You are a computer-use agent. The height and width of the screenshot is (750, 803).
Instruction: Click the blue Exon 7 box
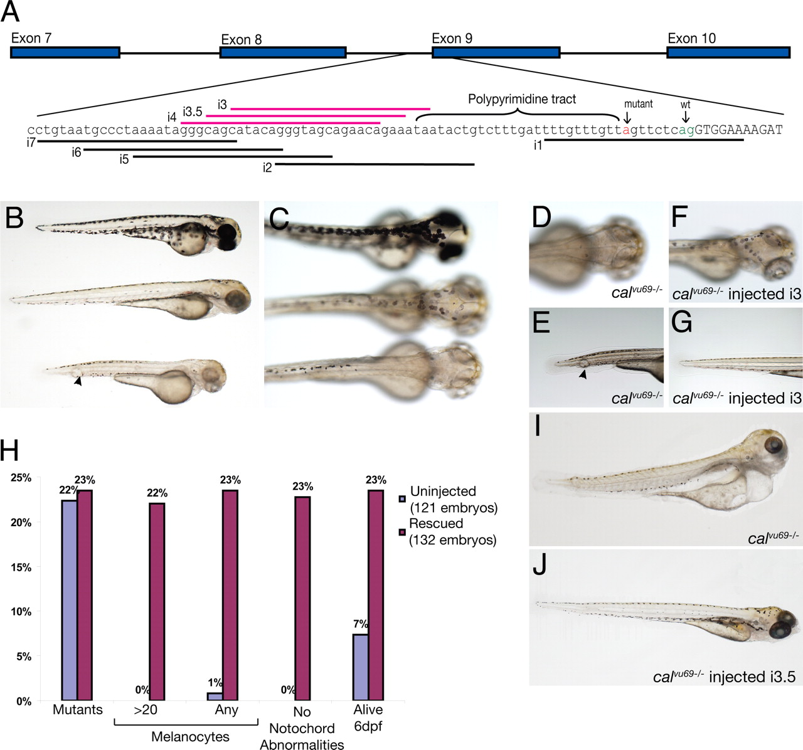(65, 52)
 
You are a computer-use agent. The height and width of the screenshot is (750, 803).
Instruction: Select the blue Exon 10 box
(728, 52)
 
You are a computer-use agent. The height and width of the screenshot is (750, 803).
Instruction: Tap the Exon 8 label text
(241, 40)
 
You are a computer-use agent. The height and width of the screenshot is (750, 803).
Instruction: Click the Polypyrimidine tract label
(522, 99)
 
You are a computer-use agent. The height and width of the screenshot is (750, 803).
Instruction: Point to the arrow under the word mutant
(627, 116)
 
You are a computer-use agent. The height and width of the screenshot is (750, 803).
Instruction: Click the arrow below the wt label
(685, 116)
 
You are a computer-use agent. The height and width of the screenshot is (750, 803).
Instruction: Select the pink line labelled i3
(330, 108)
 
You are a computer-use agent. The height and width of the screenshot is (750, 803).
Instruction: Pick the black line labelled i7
(137, 141)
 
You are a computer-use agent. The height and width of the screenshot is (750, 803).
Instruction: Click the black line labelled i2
(375, 165)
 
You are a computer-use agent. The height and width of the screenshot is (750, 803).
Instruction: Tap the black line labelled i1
(644, 140)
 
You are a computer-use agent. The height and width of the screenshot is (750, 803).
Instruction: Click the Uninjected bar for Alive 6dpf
(360, 667)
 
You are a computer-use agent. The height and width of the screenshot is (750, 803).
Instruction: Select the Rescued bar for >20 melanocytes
(157, 602)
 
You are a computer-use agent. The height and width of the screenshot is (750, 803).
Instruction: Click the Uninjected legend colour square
(402, 499)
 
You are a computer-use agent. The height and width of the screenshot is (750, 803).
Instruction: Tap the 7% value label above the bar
(360, 624)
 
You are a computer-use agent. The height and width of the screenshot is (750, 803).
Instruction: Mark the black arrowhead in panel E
(583, 374)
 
